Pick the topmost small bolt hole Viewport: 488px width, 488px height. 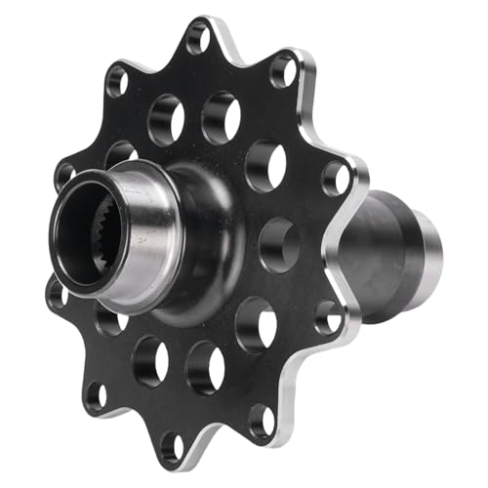click(x=198, y=38)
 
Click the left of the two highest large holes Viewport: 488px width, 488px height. click(x=166, y=118)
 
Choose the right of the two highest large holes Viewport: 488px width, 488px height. click(x=221, y=116)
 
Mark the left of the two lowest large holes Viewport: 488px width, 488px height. click(x=148, y=359)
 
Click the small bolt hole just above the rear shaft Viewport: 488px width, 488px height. click(x=336, y=178)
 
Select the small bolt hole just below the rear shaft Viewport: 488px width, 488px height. click(x=328, y=315)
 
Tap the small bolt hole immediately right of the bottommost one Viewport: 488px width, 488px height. click(x=262, y=420)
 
